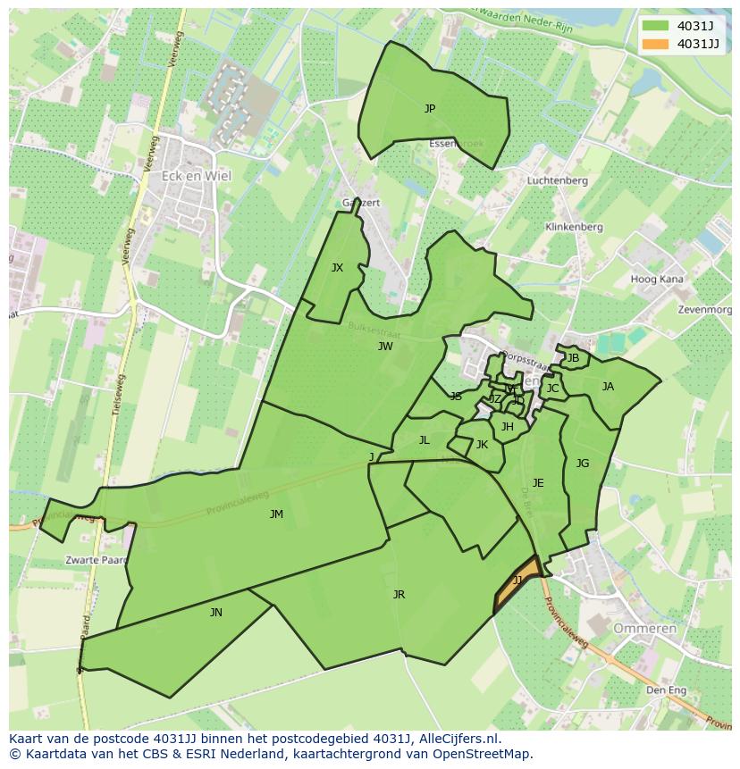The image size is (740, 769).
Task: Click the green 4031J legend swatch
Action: click(x=653, y=25)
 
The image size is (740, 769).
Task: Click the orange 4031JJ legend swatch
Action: click(x=653, y=44)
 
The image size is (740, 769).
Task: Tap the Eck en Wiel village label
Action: click(x=196, y=176)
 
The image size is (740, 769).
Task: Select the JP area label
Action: click(x=430, y=109)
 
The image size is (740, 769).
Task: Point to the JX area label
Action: click(x=337, y=268)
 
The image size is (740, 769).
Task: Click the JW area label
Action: click(x=385, y=347)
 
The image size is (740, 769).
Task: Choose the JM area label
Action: click(x=276, y=514)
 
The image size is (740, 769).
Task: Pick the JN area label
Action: click(x=216, y=613)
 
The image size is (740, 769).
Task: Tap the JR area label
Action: click(x=399, y=595)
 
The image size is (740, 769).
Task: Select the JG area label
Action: click(x=583, y=464)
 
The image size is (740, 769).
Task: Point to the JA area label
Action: click(x=608, y=387)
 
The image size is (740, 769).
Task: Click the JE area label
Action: click(x=538, y=483)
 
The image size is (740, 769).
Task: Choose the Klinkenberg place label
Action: click(x=574, y=227)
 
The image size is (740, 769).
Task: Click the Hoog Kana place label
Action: click(x=657, y=280)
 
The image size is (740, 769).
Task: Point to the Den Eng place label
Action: click(x=666, y=690)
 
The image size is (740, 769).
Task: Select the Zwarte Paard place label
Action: click(x=93, y=561)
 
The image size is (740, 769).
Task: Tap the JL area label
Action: click(x=425, y=440)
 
